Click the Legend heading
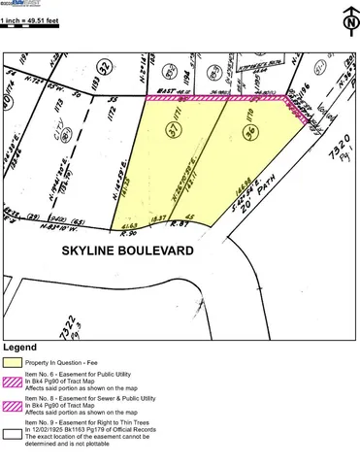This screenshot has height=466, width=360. click(20, 347)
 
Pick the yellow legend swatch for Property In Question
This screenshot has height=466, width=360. click(13, 362)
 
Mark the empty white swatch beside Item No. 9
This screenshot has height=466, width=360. click(13, 436)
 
